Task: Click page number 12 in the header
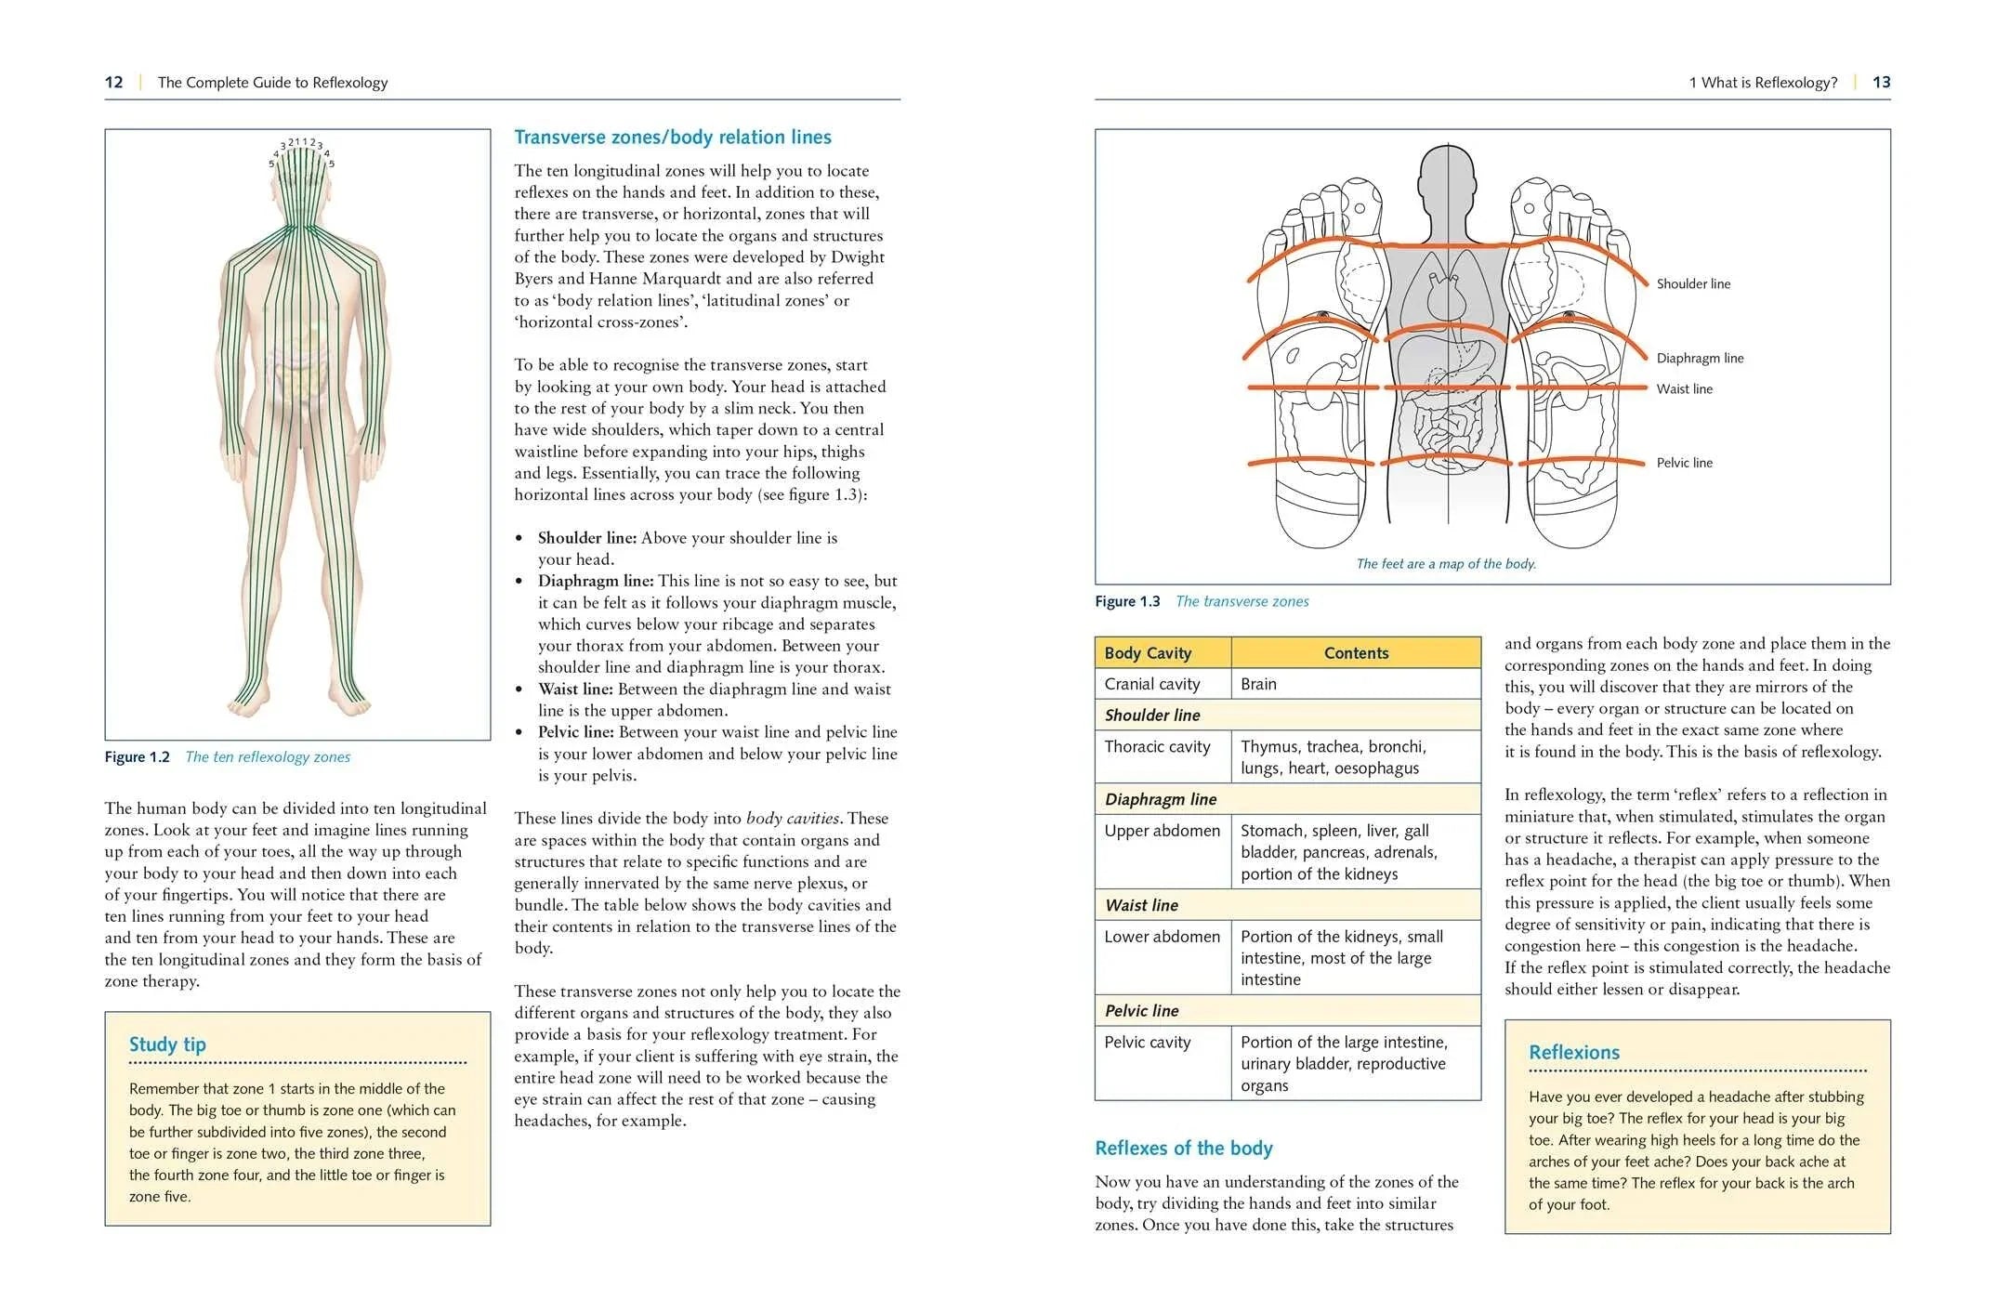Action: [x=113, y=82]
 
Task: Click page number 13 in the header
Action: [x=1881, y=82]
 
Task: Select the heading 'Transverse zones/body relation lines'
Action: [x=672, y=138]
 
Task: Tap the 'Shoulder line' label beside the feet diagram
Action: [x=1692, y=283]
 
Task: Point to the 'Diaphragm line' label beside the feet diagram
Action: [x=1699, y=358]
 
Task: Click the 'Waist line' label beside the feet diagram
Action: [x=1683, y=388]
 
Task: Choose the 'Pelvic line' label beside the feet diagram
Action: [x=1683, y=463]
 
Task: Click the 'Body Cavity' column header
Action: [x=1147, y=653]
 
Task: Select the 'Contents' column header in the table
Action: [x=1356, y=653]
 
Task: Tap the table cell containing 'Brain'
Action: [x=1258, y=684]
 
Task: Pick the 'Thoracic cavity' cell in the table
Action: [x=1157, y=747]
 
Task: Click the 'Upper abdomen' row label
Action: [x=1162, y=831]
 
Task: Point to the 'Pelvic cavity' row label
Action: [x=1147, y=1043]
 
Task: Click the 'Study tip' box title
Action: [x=167, y=1044]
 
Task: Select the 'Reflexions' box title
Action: [x=1573, y=1053]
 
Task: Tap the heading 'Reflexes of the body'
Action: [x=1183, y=1149]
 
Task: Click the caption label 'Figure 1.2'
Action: [x=137, y=757]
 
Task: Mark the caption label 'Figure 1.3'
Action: [x=1126, y=601]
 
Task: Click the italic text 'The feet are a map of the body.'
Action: [x=1445, y=564]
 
